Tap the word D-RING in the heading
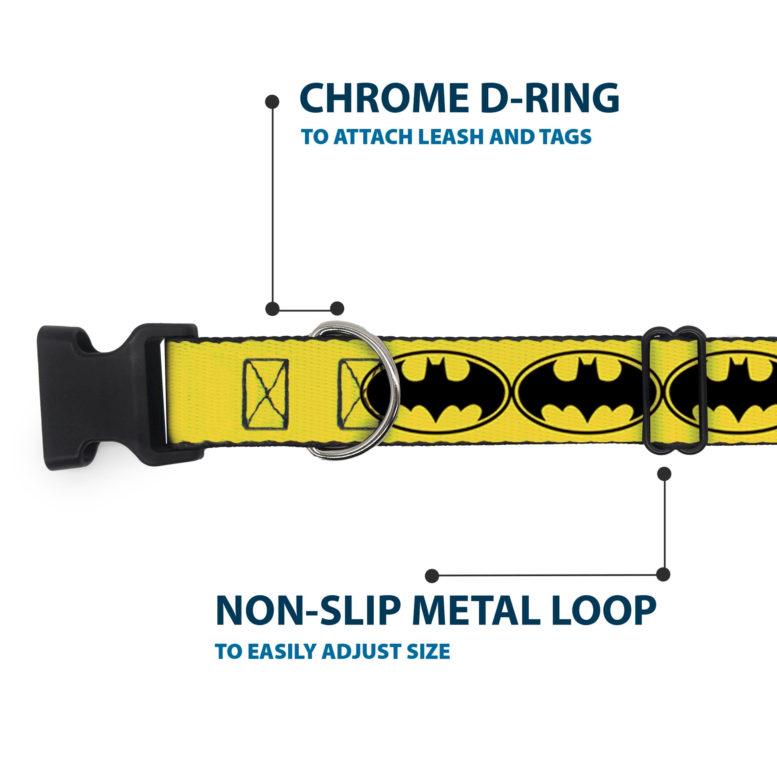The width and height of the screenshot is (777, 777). [550, 99]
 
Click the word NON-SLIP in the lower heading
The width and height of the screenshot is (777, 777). [308, 611]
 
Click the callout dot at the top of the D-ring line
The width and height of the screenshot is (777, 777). [272, 102]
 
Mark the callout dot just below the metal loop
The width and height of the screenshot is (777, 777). [664, 474]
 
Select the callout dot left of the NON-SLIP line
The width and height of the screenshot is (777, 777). [432, 575]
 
